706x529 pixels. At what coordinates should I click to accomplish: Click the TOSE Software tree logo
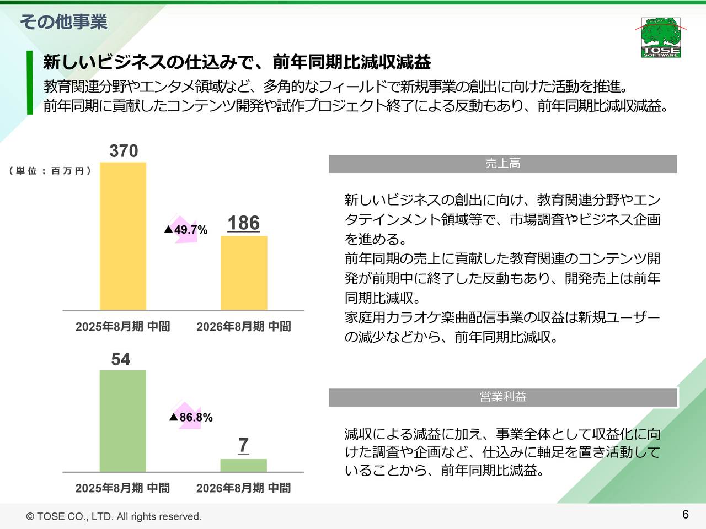pos(661,37)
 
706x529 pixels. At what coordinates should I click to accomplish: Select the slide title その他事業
pos(64,22)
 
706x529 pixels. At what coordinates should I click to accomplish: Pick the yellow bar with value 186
pos(244,273)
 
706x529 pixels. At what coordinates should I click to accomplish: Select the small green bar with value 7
pos(244,465)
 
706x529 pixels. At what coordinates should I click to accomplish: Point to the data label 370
pos(124,151)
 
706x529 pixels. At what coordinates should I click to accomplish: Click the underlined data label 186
pos(244,223)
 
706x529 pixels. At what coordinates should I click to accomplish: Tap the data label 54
pos(121,359)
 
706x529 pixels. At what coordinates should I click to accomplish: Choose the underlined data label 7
pos(244,445)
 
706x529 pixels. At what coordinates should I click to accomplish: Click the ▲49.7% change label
pos(186,230)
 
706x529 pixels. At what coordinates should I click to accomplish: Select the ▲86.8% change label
pos(191,417)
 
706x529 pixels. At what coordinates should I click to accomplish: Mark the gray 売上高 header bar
pos(502,164)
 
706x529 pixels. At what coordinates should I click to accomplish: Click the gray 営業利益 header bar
pos(502,397)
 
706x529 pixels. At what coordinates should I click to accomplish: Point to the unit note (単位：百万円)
pos(50,171)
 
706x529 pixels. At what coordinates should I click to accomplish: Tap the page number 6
pos(686,514)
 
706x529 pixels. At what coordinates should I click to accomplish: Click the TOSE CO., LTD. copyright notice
pos(114,516)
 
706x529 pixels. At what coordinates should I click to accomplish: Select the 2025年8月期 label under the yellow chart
pos(122,327)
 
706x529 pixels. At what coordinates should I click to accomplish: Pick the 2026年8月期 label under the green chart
pos(243,488)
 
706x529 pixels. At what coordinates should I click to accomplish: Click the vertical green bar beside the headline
pos(30,83)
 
